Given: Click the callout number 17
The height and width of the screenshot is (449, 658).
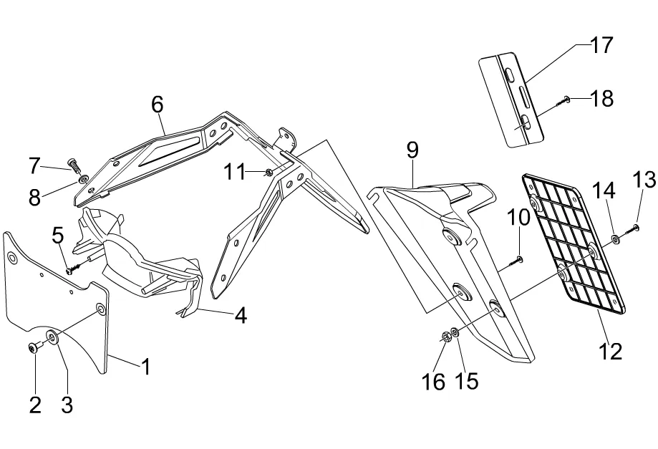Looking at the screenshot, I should click(x=601, y=46).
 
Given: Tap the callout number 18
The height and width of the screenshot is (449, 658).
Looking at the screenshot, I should click(x=603, y=99).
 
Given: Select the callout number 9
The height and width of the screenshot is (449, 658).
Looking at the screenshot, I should click(x=412, y=150).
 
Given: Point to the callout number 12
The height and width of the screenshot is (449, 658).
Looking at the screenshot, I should click(x=612, y=351).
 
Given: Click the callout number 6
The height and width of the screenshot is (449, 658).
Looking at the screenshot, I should click(x=158, y=104).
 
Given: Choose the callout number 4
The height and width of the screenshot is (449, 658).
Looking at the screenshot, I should click(x=241, y=315).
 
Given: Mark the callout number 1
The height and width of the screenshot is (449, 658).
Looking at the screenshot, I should click(x=145, y=367).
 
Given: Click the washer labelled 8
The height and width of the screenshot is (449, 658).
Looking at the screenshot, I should click(x=84, y=178).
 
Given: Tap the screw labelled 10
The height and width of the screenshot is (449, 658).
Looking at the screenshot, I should click(x=518, y=260).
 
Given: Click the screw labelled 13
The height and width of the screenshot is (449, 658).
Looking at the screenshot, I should click(x=634, y=228).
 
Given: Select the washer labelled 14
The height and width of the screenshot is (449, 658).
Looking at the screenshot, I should click(x=615, y=238).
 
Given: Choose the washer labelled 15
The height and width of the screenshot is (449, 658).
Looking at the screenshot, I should click(x=455, y=334).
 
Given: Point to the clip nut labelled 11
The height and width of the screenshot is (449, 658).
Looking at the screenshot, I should click(x=268, y=172).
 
